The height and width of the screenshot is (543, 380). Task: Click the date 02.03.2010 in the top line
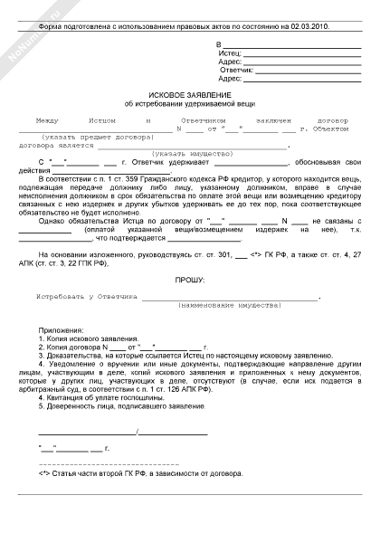tap(309, 27)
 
